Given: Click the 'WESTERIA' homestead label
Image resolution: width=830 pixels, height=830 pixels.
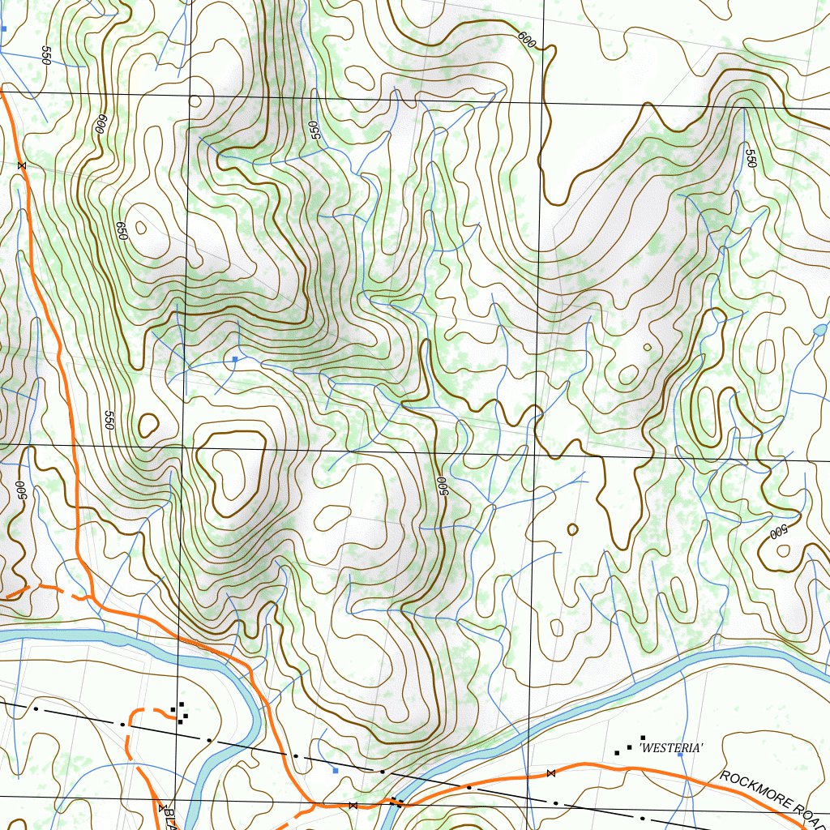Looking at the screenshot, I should click(671, 748).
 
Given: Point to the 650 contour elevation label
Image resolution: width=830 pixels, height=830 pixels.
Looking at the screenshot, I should click(122, 230).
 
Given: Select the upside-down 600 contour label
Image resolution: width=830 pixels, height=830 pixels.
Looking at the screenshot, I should click(101, 123).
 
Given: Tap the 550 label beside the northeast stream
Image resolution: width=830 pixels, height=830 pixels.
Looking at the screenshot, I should click(751, 158).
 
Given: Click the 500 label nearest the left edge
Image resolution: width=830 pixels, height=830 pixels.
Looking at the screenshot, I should click(21, 490).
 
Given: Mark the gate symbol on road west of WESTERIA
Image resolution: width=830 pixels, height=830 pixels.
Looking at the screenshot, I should click(551, 773).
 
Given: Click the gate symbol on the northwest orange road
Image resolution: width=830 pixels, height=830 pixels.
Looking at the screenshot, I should click(22, 165).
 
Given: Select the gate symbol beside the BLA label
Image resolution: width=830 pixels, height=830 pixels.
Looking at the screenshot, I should click(162, 807).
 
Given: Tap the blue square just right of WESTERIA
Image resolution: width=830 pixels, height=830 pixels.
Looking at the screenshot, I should click(680, 765).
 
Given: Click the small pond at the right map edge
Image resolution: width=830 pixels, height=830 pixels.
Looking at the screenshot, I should click(819, 330).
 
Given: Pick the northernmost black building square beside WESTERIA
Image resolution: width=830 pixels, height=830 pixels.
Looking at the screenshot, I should click(643, 738).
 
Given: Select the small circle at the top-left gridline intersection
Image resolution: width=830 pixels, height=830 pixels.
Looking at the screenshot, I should click(195, 101).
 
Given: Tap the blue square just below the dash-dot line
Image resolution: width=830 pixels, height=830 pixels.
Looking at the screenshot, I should click(336, 771).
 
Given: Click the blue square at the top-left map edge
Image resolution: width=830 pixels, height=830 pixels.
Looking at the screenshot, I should click(3, 28).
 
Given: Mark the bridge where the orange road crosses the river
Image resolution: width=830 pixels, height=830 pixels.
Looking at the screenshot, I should click(396, 802).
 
